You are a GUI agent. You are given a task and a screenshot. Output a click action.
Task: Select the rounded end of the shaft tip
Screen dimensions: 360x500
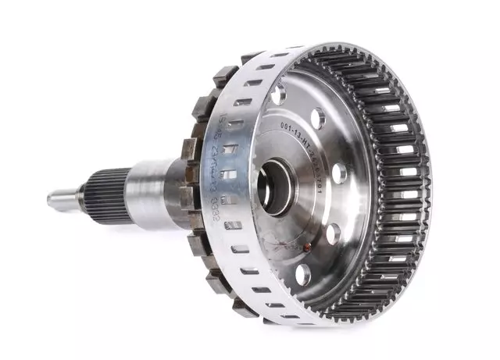[50, 199]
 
